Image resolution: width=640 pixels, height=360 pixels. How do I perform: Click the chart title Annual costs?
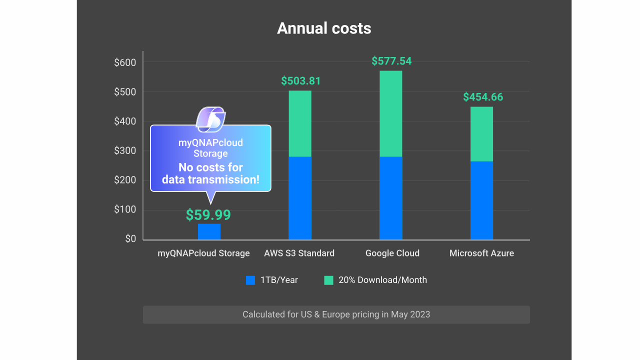(324, 28)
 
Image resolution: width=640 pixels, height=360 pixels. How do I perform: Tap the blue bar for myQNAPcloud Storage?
(209, 231)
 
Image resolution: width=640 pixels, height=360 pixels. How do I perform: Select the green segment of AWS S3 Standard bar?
(300, 123)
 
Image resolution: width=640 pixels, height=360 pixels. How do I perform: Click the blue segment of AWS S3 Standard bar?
(300, 198)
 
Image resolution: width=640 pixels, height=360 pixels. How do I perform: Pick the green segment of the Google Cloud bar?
(390, 113)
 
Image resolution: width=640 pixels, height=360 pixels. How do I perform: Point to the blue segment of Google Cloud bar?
(390, 198)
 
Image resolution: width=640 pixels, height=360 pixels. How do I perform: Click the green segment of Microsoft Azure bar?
(481, 134)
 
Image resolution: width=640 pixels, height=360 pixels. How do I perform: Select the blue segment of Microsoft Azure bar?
(481, 200)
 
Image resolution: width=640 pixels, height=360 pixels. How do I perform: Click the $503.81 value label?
(300, 81)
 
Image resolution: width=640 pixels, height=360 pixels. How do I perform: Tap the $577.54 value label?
(391, 61)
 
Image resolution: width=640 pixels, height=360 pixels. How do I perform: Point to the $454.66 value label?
(483, 97)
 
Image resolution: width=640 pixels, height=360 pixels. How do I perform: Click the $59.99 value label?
(208, 215)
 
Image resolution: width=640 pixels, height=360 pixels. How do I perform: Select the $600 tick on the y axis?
(125, 62)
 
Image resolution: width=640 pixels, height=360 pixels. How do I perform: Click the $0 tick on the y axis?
(130, 239)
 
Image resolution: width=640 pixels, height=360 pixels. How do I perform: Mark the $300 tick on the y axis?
(125, 150)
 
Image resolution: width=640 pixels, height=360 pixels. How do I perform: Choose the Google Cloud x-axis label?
(392, 253)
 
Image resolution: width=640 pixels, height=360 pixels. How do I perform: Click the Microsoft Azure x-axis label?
(481, 253)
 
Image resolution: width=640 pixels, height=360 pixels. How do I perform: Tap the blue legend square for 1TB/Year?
(250, 280)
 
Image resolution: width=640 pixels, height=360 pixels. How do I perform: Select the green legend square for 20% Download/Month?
(328, 280)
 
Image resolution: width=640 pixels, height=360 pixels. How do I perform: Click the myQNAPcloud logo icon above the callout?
(210, 119)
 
